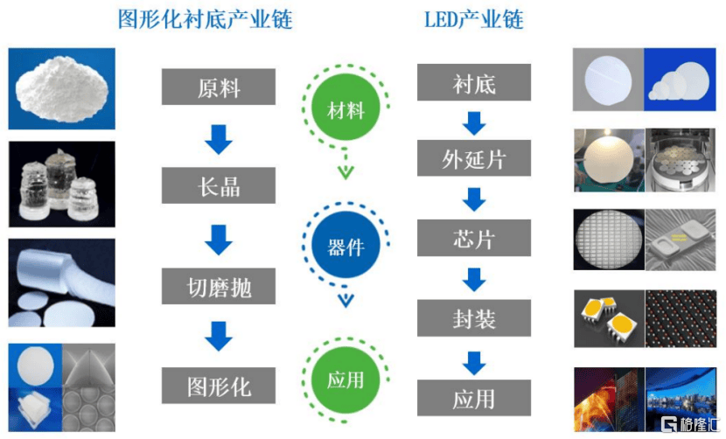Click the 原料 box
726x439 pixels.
(x=219, y=87)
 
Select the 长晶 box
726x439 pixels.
(x=219, y=186)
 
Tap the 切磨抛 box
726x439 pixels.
(x=219, y=286)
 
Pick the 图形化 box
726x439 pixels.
(x=219, y=385)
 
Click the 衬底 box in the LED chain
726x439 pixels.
(x=474, y=84)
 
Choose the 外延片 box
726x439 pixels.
(x=474, y=159)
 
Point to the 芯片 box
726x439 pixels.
(x=474, y=239)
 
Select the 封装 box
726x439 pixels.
(x=474, y=318)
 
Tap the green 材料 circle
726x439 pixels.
(x=346, y=111)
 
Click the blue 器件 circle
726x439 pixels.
(x=346, y=246)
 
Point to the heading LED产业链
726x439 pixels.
(x=473, y=19)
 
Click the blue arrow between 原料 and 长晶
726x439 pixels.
(x=218, y=137)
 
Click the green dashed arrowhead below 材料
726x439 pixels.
(x=346, y=171)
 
